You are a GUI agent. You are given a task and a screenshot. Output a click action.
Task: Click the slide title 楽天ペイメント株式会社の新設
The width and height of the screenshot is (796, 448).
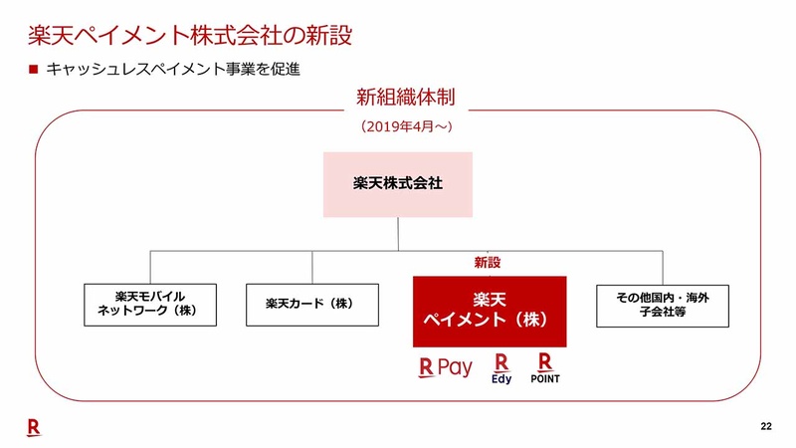coord(190,36)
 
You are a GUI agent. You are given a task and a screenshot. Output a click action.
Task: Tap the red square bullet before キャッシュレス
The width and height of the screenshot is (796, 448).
coord(34,69)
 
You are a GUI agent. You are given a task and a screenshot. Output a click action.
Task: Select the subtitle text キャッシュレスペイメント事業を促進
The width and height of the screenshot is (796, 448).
coord(173,69)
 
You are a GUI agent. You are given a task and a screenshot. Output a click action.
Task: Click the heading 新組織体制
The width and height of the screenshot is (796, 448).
coord(406,97)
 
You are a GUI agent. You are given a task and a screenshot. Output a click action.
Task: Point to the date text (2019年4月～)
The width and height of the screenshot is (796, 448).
coord(406,126)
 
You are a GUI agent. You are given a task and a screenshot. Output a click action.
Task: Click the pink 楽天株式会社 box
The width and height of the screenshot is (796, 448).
coord(398,185)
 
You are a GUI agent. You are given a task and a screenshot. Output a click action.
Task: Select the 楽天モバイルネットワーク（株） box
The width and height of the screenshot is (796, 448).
coord(150,305)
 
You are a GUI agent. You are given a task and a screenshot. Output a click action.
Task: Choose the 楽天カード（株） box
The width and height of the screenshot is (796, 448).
coord(312,305)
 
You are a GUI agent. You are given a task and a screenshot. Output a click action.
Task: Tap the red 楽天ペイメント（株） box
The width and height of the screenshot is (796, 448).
coord(490,312)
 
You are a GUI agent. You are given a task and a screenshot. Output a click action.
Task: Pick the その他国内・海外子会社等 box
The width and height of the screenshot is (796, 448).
coord(663,306)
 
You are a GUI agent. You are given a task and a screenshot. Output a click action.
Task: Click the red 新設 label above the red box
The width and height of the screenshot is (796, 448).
coord(488,263)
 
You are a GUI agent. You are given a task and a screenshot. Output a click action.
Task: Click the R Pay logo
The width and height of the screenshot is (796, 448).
coord(445,367)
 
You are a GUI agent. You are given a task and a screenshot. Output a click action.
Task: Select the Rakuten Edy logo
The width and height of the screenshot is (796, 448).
coord(501,368)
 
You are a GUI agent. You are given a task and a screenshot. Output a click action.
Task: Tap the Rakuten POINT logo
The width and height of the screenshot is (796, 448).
coord(545,368)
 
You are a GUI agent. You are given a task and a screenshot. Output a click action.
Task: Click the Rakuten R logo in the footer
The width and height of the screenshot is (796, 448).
coord(34,428)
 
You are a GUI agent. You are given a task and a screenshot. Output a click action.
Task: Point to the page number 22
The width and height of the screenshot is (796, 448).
coord(766,426)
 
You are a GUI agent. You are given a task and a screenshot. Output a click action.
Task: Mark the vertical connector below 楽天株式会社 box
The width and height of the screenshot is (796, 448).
coord(398,234)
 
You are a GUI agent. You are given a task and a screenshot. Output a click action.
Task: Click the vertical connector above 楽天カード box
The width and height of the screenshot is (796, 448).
coord(312,267)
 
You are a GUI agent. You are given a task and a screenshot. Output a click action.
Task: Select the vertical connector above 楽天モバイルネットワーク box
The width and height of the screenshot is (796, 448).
coord(150,267)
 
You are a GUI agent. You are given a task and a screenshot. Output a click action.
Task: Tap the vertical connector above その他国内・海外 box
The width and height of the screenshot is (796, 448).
coord(663,268)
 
